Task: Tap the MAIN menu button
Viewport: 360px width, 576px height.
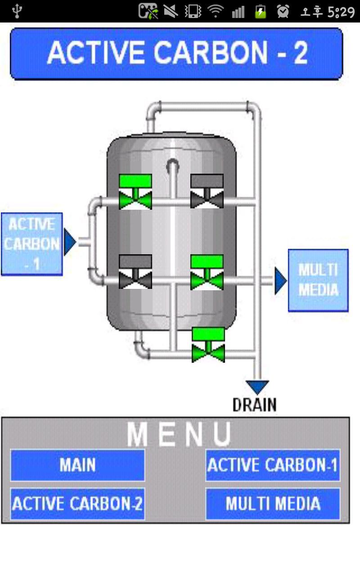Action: coord(77,465)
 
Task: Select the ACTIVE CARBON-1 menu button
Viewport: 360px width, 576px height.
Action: coord(273,465)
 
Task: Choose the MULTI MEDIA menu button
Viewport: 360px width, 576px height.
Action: coord(273,504)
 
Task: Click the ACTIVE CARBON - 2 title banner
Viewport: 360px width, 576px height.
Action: coord(176,54)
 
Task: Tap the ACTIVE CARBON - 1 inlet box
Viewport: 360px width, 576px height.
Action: coord(31,244)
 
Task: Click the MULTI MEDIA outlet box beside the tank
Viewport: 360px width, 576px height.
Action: coord(318,280)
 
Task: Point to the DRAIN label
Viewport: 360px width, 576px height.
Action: coord(254,405)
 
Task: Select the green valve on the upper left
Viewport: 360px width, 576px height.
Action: coord(135,192)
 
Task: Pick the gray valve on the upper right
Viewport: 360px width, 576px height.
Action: coord(207,192)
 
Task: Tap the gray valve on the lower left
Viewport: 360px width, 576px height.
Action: coord(135,272)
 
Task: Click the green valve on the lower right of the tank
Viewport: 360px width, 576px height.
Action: coord(207,272)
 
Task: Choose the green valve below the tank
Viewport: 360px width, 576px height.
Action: coord(208,345)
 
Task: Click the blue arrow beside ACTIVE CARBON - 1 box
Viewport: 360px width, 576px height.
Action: coord(70,242)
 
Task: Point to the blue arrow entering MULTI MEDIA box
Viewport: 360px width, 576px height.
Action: coord(280,281)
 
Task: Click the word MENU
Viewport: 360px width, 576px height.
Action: coord(179,434)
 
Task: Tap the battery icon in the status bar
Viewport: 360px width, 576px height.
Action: coord(261,11)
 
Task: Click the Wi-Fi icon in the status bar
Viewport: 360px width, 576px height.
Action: coord(216,11)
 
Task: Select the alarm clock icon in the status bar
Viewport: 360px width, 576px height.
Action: coord(283,11)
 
